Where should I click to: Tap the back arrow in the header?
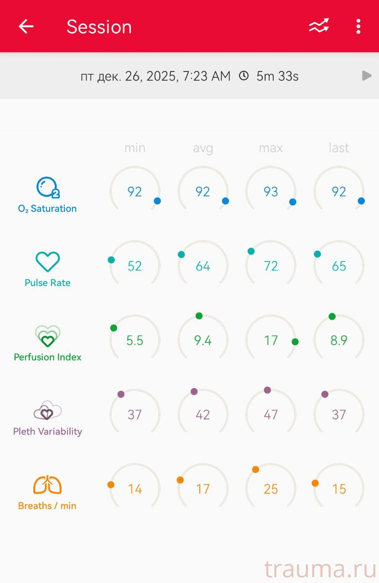[26, 26]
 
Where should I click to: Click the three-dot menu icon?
[358, 26]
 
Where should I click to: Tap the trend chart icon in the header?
[319, 26]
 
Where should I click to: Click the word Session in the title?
[99, 27]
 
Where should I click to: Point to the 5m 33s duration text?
[277, 76]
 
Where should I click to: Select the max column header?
[271, 148]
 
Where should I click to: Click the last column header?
[339, 148]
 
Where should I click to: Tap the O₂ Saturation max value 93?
[271, 192]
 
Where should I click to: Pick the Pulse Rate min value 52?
[135, 266]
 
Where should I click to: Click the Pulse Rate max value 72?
[271, 266]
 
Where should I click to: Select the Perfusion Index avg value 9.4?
[202, 340]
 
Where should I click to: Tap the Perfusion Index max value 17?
[271, 340]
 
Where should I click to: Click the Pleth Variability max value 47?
[271, 414]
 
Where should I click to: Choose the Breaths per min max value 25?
[271, 489]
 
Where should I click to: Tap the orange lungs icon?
[47, 485]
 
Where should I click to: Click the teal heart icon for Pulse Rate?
[47, 262]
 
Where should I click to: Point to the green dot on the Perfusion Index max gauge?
[295, 342]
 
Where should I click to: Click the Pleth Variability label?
[47, 431]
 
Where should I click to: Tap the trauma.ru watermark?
[318, 569]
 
